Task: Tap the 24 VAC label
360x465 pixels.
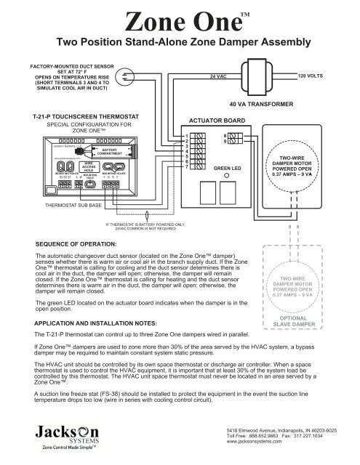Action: click(x=221, y=76)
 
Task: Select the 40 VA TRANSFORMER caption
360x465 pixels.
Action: click(x=260, y=104)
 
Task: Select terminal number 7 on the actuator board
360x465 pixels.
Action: click(x=186, y=167)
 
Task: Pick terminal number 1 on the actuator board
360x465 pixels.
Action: click(x=186, y=135)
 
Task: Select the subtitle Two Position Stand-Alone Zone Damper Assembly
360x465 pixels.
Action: click(x=180, y=44)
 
